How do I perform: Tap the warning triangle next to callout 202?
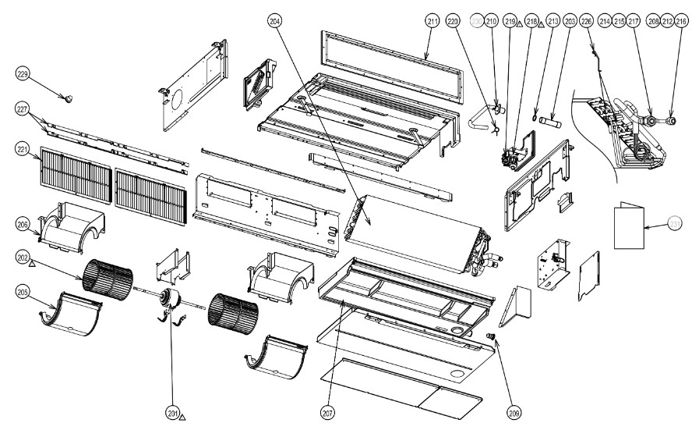coord(31,265)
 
